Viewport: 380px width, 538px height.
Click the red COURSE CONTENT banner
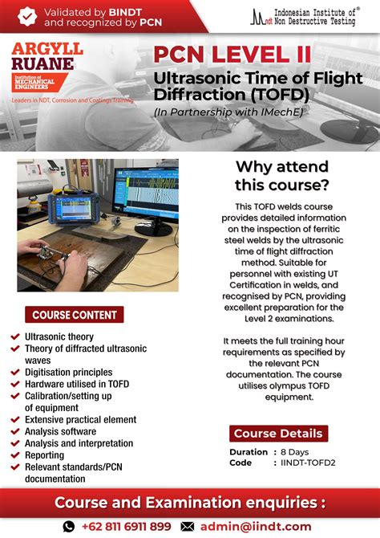(75, 315)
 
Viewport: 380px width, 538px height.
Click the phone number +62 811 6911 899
(127, 526)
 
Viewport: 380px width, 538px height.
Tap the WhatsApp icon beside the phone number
(69, 526)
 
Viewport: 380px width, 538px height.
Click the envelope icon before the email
(187, 526)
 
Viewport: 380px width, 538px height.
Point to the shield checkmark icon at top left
(28, 15)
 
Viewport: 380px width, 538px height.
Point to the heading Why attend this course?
(281, 176)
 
